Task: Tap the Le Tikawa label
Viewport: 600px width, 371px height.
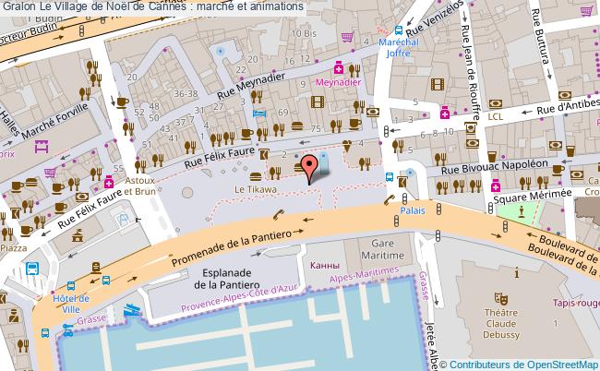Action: (254, 189)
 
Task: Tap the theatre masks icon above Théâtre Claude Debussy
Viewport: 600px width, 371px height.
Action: (501, 298)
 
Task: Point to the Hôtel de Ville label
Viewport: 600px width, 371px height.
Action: (72, 304)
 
